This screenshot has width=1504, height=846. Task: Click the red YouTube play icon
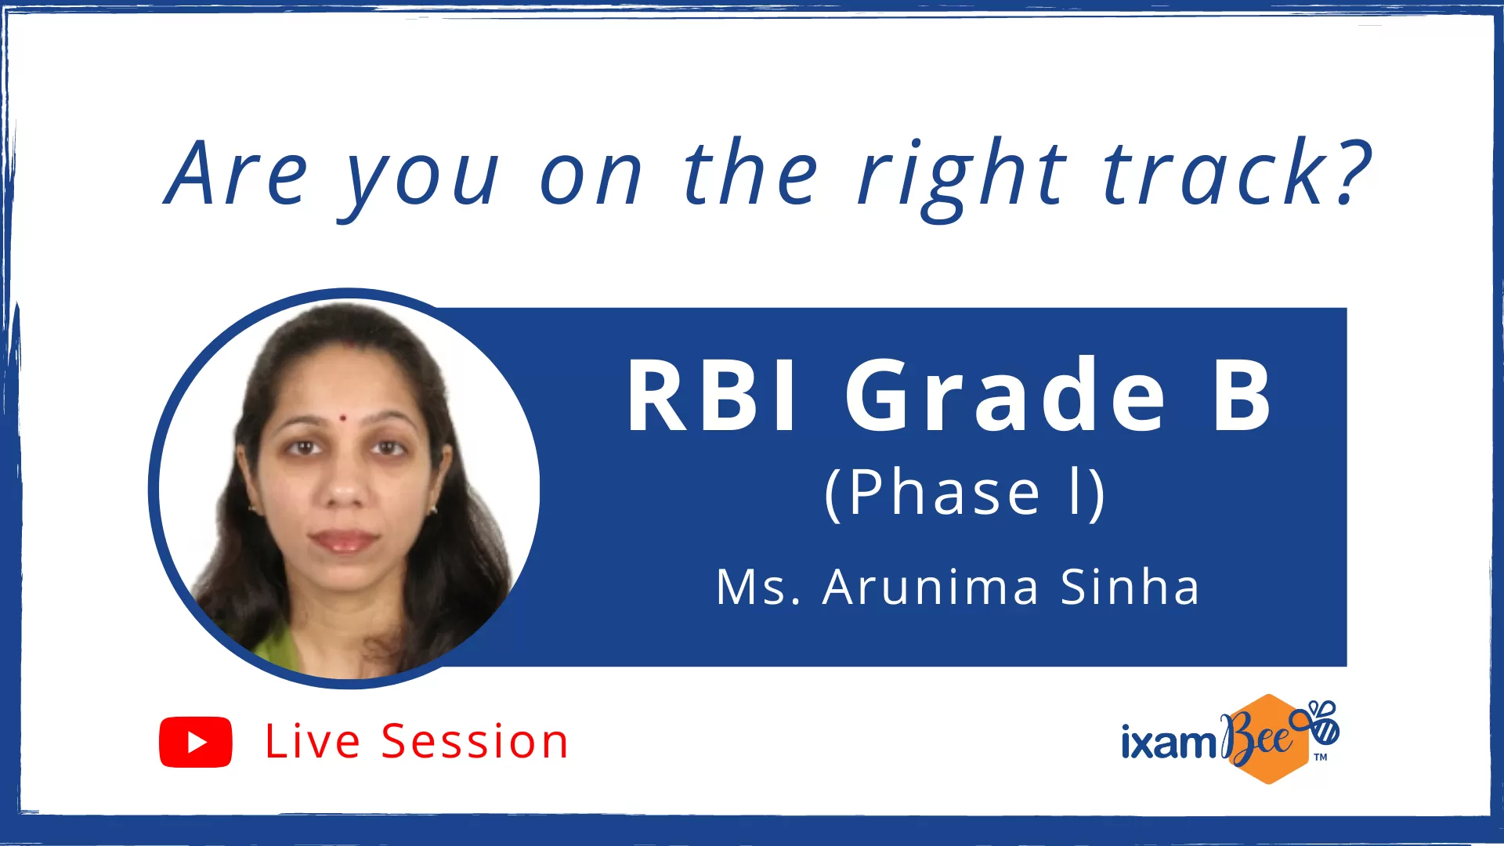196,742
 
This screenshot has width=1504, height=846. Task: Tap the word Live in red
313,741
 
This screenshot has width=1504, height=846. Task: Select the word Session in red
475,741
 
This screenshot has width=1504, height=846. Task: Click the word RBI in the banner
711,396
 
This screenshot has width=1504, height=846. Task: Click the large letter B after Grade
1242,396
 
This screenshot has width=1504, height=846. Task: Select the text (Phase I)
965,493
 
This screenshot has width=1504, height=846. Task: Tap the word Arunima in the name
931,587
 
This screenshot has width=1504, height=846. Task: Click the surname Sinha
1130,587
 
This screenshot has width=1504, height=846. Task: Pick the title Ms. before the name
758,587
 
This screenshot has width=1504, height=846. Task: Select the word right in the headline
962,179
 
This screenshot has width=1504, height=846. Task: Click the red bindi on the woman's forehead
342,418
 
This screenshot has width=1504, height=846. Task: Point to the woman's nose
345,486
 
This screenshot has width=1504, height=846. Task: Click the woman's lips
343,540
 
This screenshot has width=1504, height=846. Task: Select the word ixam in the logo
1168,741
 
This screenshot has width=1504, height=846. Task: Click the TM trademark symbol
1321,757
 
